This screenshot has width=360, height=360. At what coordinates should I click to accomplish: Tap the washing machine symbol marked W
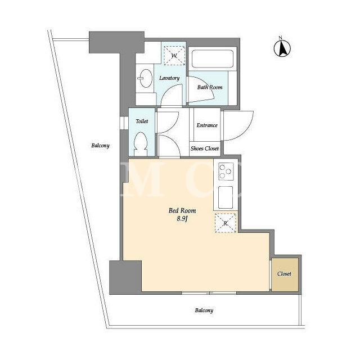[x=174, y=56]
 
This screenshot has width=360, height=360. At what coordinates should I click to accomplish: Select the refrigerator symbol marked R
[x=226, y=223]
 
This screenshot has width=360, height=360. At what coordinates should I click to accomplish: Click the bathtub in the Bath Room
[x=213, y=58]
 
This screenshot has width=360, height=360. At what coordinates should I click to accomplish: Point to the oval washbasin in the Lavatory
[x=146, y=78]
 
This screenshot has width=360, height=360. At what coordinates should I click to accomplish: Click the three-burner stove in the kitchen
[x=226, y=171]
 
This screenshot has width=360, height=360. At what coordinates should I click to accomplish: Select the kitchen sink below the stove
[x=226, y=197]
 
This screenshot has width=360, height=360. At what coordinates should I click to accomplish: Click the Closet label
[x=284, y=274]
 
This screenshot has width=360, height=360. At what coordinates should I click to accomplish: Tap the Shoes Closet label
[x=205, y=148]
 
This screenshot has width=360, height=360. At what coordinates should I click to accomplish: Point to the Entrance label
[x=207, y=125]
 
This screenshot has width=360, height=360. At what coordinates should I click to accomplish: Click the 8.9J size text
[x=182, y=219]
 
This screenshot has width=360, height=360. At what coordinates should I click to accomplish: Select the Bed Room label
[x=182, y=210]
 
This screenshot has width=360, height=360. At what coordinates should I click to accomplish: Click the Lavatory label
[x=169, y=78]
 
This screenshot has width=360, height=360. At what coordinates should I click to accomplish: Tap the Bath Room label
[x=210, y=87]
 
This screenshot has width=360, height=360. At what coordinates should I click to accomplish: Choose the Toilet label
[x=142, y=121]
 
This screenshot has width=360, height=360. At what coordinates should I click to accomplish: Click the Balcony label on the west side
[x=100, y=146]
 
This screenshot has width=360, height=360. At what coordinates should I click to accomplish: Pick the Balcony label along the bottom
[x=204, y=310]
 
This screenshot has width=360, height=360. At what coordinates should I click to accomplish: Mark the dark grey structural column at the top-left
[x=116, y=42]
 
